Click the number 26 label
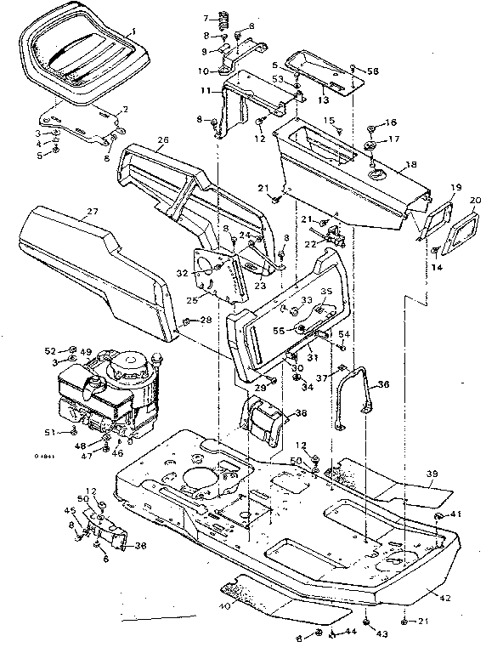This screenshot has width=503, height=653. [163, 140]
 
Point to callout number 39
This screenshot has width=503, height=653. [432, 474]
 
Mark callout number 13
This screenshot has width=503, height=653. [322, 99]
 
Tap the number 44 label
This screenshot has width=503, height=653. [350, 632]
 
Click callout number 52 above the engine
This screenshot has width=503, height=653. [50, 349]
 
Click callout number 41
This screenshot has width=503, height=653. [455, 514]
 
